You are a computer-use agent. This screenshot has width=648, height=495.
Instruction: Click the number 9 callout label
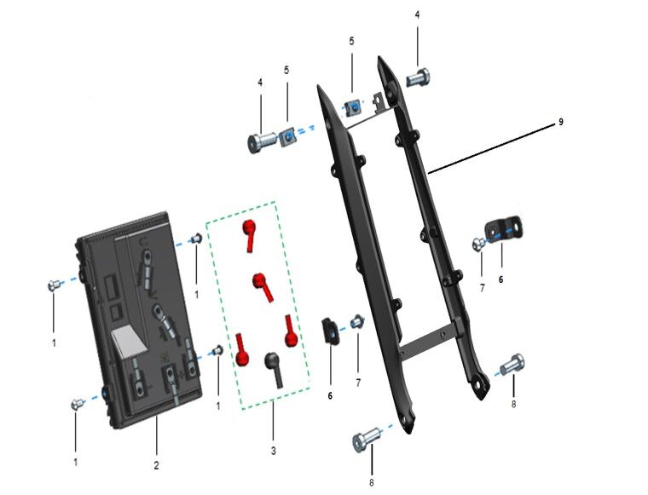561,122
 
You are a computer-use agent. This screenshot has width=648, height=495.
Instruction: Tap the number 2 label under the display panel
157,465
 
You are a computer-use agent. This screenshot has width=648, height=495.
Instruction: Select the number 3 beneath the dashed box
274,448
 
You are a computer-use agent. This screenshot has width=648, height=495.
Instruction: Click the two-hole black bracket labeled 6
503,228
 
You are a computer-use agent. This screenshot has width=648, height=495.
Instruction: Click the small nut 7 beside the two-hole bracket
478,245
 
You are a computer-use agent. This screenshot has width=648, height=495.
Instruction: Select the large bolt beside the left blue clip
262,141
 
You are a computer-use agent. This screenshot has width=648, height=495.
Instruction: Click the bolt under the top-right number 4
419,78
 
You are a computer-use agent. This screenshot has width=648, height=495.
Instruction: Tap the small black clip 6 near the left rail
330,330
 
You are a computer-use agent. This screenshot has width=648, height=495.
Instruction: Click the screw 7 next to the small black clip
357,321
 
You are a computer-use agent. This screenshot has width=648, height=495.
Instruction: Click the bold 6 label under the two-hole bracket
500,279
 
